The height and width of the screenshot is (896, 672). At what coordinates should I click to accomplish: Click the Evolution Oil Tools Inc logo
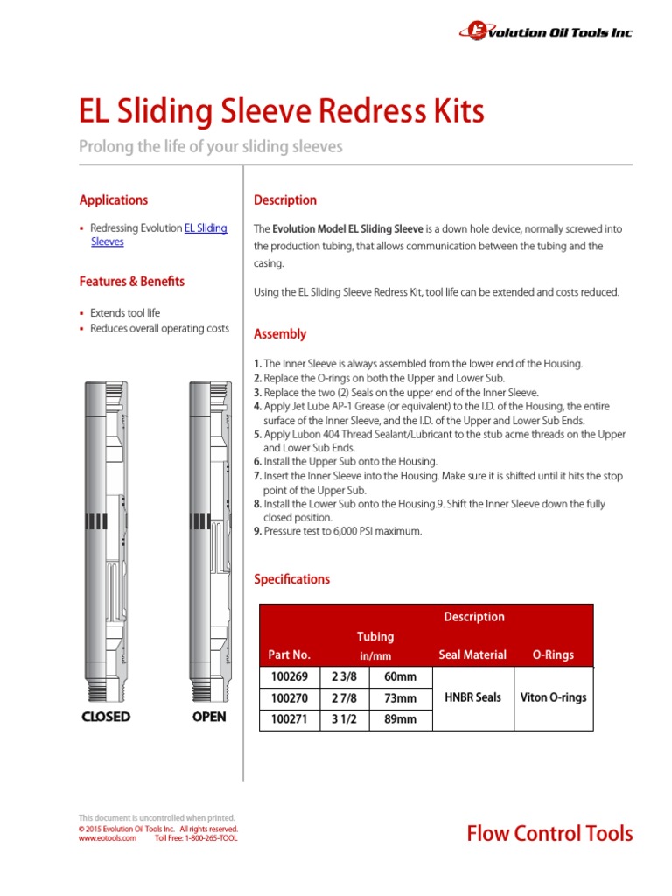point(545,31)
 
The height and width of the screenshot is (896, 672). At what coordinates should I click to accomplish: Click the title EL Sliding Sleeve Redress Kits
point(281,112)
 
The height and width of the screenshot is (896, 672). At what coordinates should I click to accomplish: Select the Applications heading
point(114,199)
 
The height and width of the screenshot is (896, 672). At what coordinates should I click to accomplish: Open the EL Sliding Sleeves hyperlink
point(205,228)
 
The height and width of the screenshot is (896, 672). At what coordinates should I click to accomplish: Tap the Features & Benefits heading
point(132,282)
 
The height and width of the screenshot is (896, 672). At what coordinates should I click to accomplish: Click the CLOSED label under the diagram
point(106,717)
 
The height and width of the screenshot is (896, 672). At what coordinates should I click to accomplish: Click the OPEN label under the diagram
point(208,717)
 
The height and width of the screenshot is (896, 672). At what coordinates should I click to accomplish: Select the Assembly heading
point(280,334)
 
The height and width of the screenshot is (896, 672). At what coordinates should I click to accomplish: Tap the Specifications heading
point(291,579)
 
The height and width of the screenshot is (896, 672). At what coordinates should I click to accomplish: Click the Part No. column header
point(290,654)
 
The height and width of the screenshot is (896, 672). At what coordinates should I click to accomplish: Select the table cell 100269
point(290,677)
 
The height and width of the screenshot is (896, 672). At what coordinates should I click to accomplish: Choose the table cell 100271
point(290,719)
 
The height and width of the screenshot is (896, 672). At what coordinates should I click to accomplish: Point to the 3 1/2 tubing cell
point(346,719)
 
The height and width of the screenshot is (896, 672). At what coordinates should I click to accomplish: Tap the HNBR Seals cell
point(473,697)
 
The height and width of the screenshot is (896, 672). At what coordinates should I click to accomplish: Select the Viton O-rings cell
point(553,697)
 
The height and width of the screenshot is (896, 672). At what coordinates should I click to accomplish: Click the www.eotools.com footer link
point(108,838)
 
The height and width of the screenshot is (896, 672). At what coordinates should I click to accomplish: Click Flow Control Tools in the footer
point(549,834)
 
